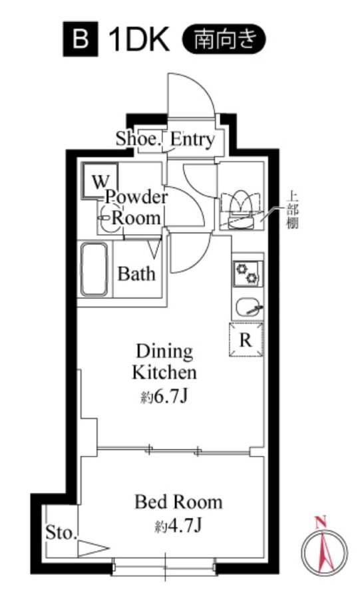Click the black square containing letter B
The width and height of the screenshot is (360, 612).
80,39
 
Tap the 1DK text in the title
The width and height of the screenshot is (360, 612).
138,39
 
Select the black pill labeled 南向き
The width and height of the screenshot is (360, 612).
224,39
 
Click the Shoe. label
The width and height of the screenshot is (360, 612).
138,139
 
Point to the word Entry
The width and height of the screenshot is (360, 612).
192,139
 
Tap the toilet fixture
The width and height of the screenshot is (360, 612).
240,210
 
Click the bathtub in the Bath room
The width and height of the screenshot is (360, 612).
94,269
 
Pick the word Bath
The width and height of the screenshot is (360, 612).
136,273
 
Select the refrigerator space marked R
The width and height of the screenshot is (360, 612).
246,339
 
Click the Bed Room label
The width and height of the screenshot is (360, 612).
178,502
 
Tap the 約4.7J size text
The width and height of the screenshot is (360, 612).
178,527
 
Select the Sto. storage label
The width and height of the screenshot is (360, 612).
61,533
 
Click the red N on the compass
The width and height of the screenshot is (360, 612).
321,522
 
